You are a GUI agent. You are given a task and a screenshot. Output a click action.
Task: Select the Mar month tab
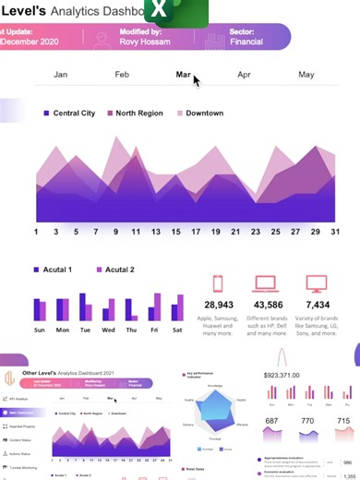(183, 74)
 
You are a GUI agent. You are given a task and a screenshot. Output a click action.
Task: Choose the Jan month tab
(61, 74)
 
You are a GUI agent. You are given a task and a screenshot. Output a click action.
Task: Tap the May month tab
(306, 74)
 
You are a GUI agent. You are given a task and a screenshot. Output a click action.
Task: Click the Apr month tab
(244, 74)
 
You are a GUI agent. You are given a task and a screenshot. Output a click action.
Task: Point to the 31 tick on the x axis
(334, 232)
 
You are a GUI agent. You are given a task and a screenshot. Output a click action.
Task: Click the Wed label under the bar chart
(109, 330)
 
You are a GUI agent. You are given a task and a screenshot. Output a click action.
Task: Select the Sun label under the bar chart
(40, 330)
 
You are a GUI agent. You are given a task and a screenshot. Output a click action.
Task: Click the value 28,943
(218, 305)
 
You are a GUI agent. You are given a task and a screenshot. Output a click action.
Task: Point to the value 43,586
(268, 305)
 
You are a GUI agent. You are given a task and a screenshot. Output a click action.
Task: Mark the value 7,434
(318, 305)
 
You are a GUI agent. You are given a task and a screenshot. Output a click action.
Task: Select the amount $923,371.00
(290, 376)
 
